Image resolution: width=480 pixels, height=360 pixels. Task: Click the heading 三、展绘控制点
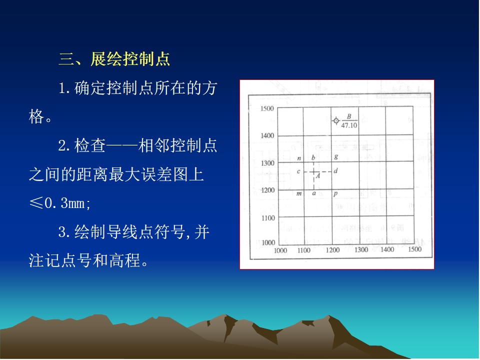(x=114, y=59)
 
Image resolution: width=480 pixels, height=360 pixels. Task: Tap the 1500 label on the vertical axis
(x=267, y=108)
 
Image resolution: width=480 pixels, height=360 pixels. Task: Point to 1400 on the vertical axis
(x=267, y=135)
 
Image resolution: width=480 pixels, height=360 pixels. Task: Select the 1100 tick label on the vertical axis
(x=268, y=218)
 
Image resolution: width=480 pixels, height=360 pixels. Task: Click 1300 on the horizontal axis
(x=361, y=250)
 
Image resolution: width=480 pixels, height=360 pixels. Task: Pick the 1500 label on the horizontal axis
(x=415, y=249)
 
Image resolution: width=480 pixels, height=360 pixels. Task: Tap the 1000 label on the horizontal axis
(x=280, y=250)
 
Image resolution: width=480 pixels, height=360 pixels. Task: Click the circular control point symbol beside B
(x=336, y=121)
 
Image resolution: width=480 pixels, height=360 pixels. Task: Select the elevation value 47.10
(x=349, y=125)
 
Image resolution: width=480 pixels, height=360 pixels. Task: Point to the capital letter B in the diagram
(x=349, y=116)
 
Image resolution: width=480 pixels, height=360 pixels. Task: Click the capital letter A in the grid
(x=318, y=176)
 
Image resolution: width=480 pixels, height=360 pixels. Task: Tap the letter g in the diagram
(x=336, y=156)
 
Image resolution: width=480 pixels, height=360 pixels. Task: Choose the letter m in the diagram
(x=299, y=194)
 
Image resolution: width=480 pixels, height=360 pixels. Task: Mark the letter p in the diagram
(x=335, y=194)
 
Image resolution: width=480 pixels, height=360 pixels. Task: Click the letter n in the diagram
(x=299, y=158)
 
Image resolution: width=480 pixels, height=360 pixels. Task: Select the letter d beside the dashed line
(x=336, y=171)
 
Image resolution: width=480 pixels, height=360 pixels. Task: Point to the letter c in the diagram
(x=298, y=171)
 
